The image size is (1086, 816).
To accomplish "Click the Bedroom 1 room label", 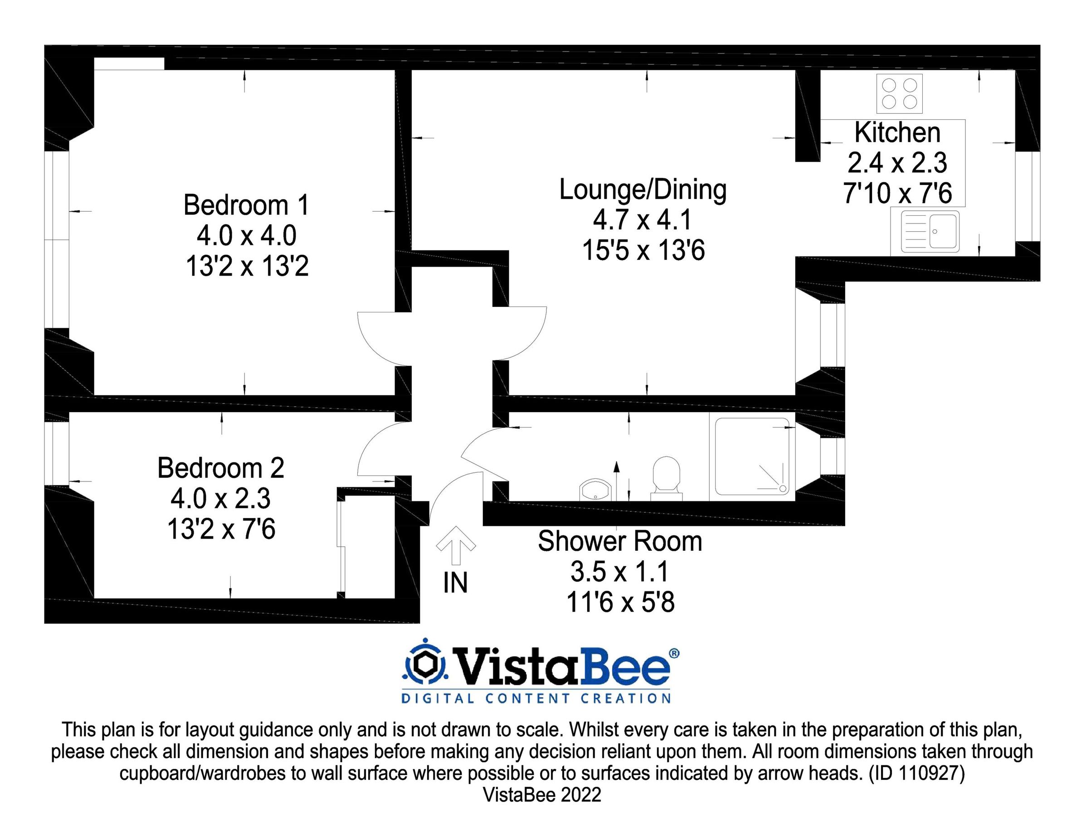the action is point(247,205).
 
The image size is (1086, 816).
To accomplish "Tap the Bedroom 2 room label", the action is point(221,468).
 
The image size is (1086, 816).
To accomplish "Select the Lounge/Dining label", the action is point(643,190).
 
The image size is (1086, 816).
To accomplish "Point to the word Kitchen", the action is point(897,132).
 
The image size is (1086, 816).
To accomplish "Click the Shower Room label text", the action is point(620,541).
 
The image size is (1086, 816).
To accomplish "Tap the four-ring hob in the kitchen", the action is point(900,94).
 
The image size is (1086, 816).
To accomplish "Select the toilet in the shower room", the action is point(666,478).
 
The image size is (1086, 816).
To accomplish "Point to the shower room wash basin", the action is point(595,490).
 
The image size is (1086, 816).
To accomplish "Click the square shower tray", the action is point(752,456).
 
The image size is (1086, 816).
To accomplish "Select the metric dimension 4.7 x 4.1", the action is point(643,219).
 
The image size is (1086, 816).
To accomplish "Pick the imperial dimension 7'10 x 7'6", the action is point(898,193).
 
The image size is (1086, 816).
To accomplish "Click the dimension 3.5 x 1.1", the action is point(620,572).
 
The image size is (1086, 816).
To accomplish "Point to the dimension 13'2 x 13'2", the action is point(247,267).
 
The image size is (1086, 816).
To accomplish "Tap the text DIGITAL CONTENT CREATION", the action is point(536,699).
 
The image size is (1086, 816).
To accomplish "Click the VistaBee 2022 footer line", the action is point(542,795).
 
